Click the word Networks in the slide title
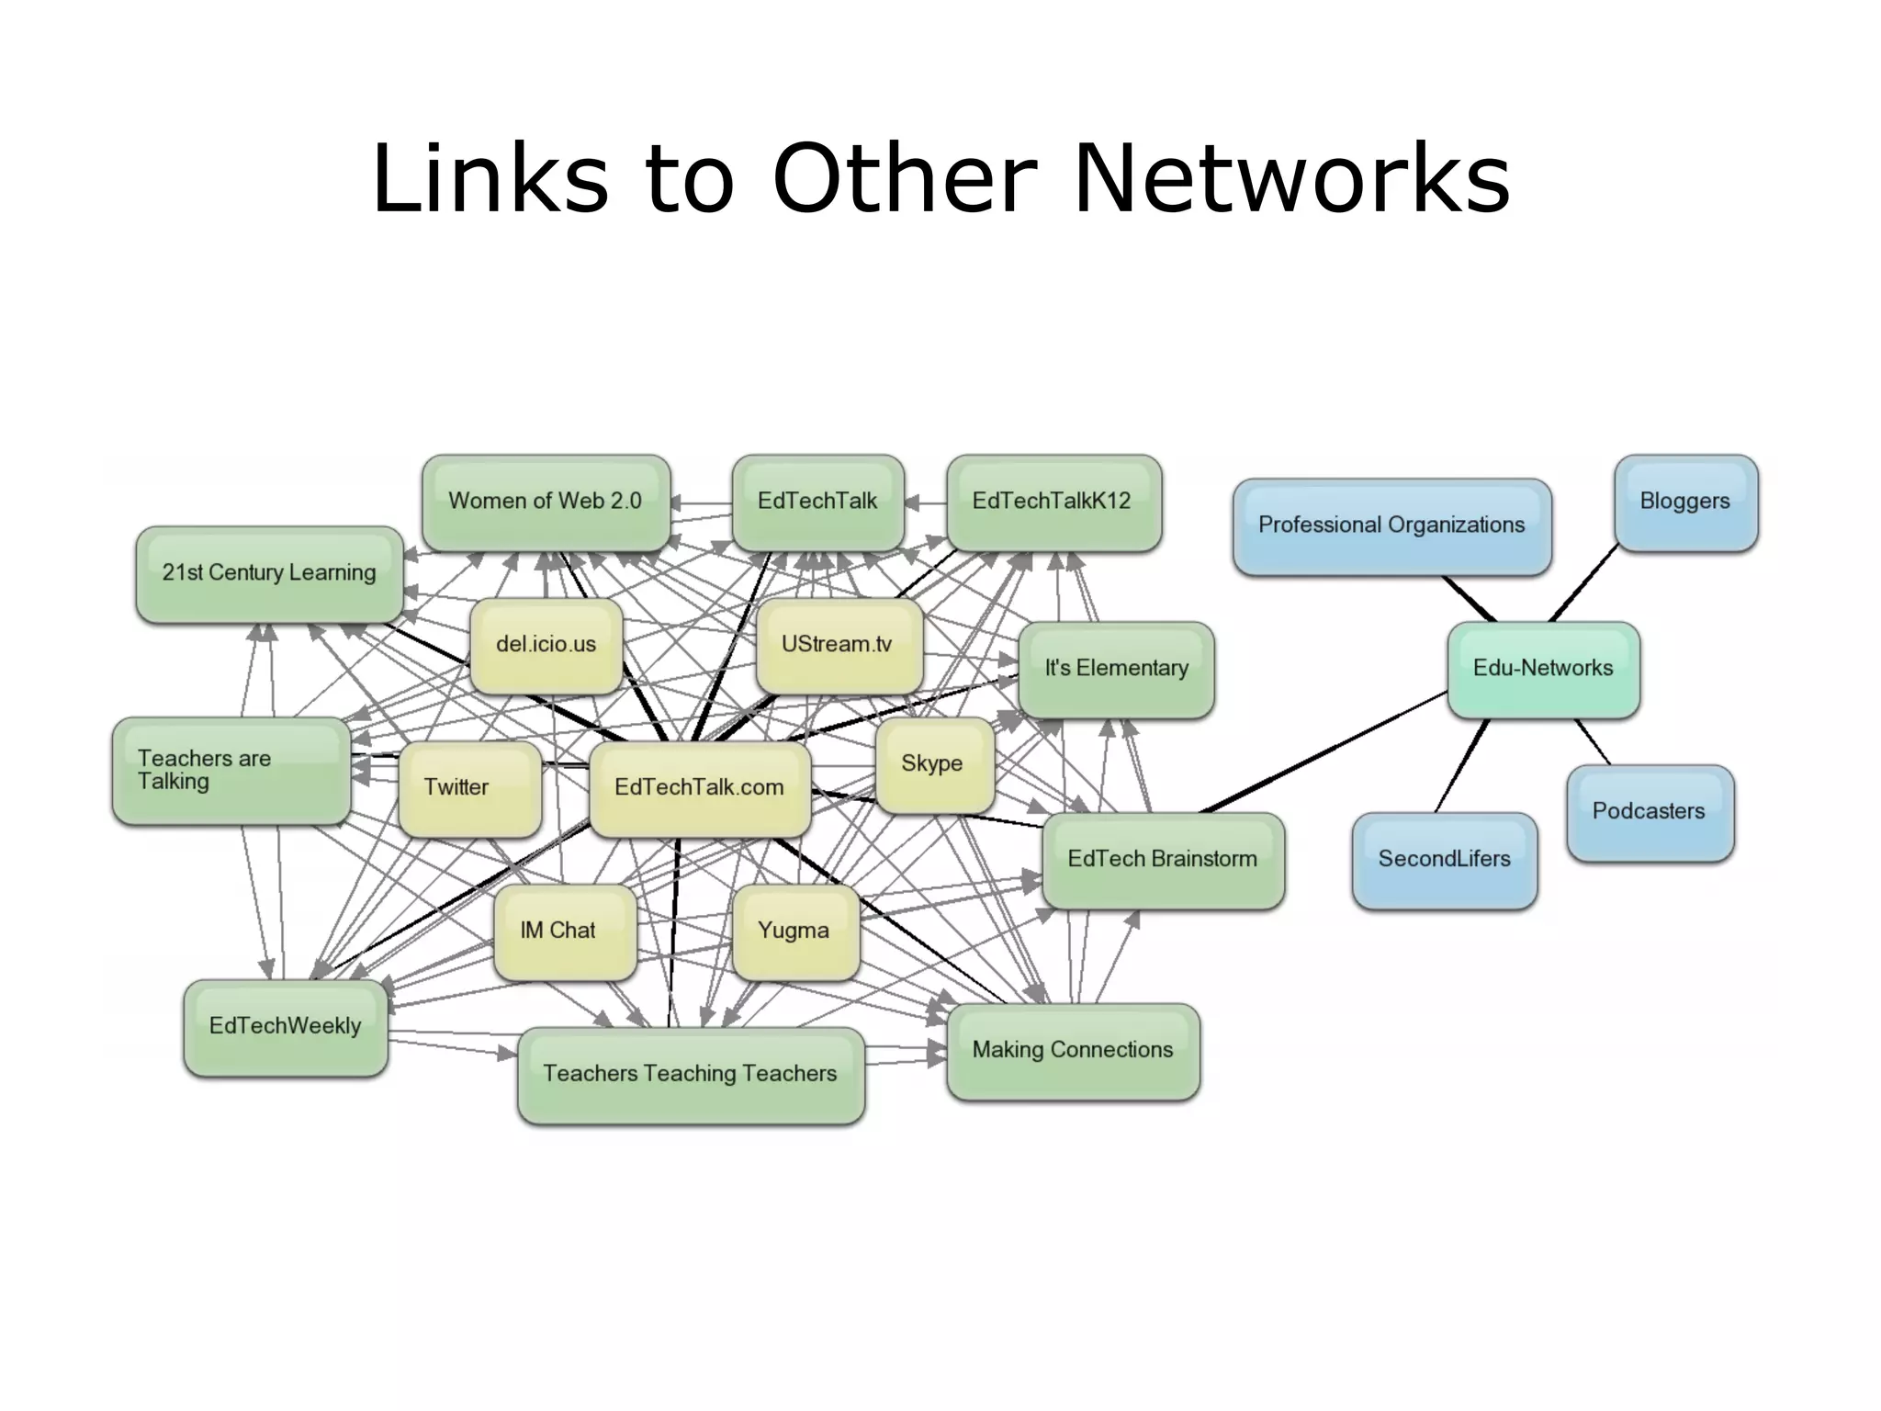coord(1290,178)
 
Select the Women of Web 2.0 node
coord(546,502)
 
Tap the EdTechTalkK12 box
coord(1053,502)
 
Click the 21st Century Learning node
coord(269,573)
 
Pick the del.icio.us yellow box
coord(546,645)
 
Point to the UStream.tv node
coord(838,645)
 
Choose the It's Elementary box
coord(1116,669)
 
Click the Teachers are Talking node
coord(230,770)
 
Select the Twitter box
coord(468,787)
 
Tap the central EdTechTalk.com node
coord(699,788)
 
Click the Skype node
coord(933,764)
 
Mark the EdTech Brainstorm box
coord(1162,860)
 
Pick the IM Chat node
coord(563,931)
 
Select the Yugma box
coord(795,931)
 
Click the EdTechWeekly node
coord(285,1026)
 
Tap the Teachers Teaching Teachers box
coord(690,1074)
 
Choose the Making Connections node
coord(1072,1050)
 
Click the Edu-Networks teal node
coord(1543,669)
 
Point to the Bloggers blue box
coord(1685,502)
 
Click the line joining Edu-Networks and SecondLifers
coord(1462,765)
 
